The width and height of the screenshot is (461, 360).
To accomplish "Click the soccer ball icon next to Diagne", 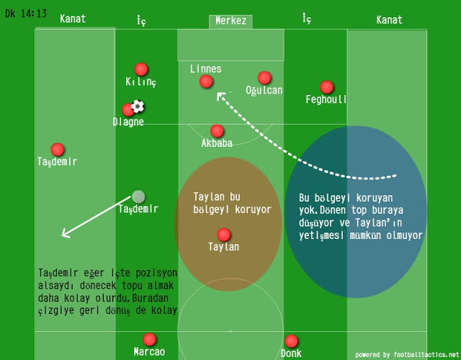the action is (x=138, y=107).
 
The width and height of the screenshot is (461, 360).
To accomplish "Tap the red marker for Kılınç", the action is (x=141, y=69).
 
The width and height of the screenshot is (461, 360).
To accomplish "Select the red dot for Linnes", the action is (x=206, y=82).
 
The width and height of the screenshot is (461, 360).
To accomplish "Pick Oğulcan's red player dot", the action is (x=264, y=78).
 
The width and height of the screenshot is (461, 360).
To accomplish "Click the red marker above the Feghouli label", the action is (x=327, y=87).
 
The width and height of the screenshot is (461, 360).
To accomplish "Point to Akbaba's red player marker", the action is (x=217, y=131).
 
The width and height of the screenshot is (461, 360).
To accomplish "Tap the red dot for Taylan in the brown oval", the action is (x=223, y=235).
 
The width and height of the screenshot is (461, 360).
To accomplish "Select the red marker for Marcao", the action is (x=149, y=339).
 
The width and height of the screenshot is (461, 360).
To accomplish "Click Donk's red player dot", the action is (x=291, y=341).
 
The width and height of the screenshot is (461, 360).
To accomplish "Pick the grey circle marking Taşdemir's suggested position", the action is (x=138, y=197).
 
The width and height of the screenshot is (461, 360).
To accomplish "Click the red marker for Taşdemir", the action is (x=58, y=149).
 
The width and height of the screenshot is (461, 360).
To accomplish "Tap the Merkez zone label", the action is (x=230, y=21).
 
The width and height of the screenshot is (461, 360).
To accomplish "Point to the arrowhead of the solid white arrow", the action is (x=63, y=235).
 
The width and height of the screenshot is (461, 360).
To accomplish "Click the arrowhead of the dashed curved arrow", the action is (x=220, y=96).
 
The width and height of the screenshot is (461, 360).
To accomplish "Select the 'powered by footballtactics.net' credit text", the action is (x=406, y=355).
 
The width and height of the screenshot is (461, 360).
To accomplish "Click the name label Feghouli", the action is (x=326, y=99).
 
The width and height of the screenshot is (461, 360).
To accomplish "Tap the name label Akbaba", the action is (x=217, y=143).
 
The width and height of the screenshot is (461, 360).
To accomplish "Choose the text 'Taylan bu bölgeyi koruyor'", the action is (x=232, y=203).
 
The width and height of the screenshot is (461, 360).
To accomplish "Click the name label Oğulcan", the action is (x=264, y=90).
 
